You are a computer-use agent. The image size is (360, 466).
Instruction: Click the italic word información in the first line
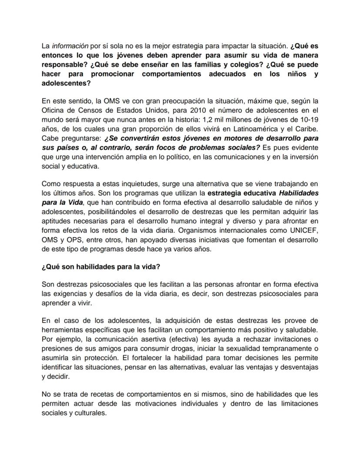(68, 45)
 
